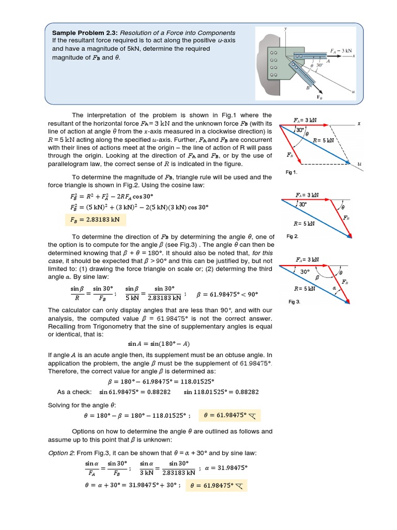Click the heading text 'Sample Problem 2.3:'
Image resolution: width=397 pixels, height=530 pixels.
83,33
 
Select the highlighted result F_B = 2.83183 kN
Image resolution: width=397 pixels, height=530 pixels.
95,219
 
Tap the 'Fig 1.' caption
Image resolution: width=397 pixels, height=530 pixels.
292,172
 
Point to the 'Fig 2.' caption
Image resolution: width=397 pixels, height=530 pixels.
292,236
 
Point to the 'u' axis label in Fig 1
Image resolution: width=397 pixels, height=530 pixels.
359,164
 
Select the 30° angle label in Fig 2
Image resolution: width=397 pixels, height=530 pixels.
302,204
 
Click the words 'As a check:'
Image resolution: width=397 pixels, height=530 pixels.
74,392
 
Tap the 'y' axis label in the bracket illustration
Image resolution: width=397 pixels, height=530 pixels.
285,28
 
